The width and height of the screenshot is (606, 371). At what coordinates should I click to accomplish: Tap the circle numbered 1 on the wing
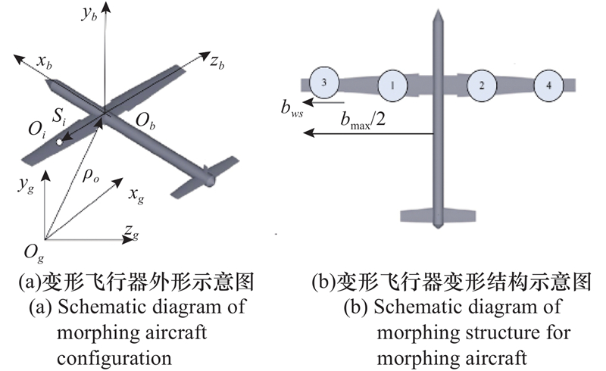click(392, 86)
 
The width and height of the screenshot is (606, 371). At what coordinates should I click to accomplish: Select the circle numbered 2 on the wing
click(482, 86)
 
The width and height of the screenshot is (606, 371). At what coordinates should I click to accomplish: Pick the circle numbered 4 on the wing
click(548, 86)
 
